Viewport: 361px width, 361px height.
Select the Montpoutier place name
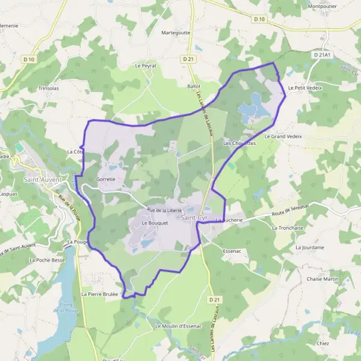[x=322, y=7]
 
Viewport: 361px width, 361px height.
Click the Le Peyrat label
[x=146, y=65]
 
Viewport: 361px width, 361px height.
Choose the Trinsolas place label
[x=49, y=88]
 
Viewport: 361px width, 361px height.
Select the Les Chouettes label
[x=239, y=144]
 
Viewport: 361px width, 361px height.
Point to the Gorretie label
[x=105, y=179]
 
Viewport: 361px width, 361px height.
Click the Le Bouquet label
[x=153, y=223]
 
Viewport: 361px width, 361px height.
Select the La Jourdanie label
[x=310, y=247]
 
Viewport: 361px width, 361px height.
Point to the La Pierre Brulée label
[x=100, y=294]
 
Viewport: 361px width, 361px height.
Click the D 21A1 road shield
[x=322, y=54]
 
